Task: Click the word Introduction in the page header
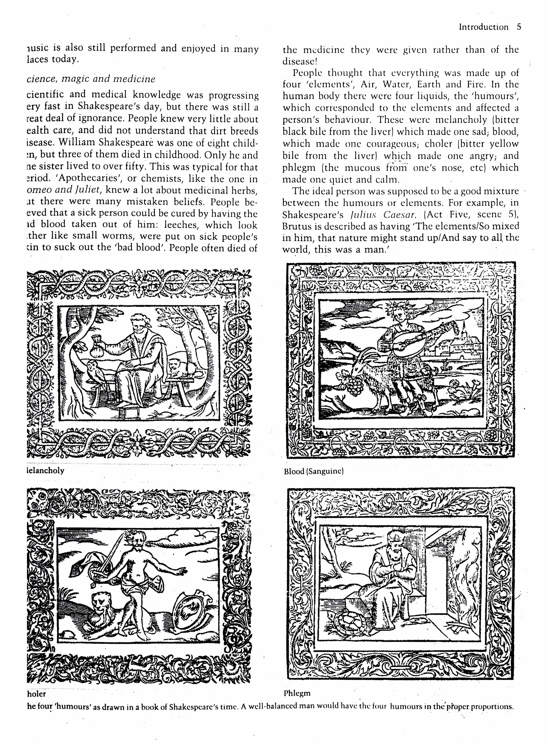click(x=483, y=27)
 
